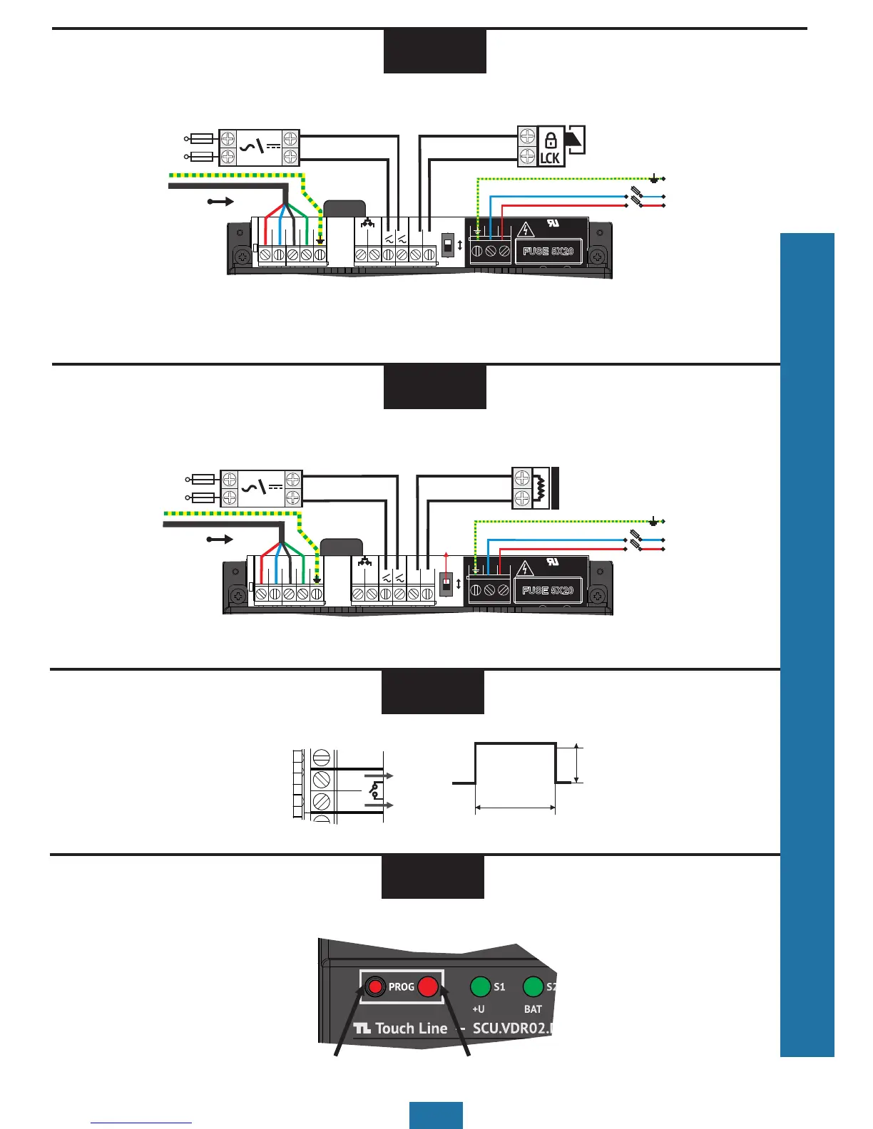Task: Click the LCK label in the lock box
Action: [550, 158]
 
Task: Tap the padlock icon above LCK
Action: [550, 140]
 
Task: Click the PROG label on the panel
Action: [401, 987]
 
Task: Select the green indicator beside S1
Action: [480, 986]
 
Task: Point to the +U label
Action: [479, 1009]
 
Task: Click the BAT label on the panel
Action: [533, 1009]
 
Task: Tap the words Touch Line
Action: [411, 1029]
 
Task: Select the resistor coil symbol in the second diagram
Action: [541, 488]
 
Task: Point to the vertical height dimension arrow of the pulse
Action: [578, 764]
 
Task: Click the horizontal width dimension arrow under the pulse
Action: [515, 808]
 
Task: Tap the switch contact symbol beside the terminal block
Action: [374, 790]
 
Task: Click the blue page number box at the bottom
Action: [436, 1115]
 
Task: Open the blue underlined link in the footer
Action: [141, 1123]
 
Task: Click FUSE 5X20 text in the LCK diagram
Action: [548, 252]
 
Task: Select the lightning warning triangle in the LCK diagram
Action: [526, 230]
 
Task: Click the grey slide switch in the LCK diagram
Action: [447, 246]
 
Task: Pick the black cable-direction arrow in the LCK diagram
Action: [220, 202]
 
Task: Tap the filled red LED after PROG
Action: [427, 986]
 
